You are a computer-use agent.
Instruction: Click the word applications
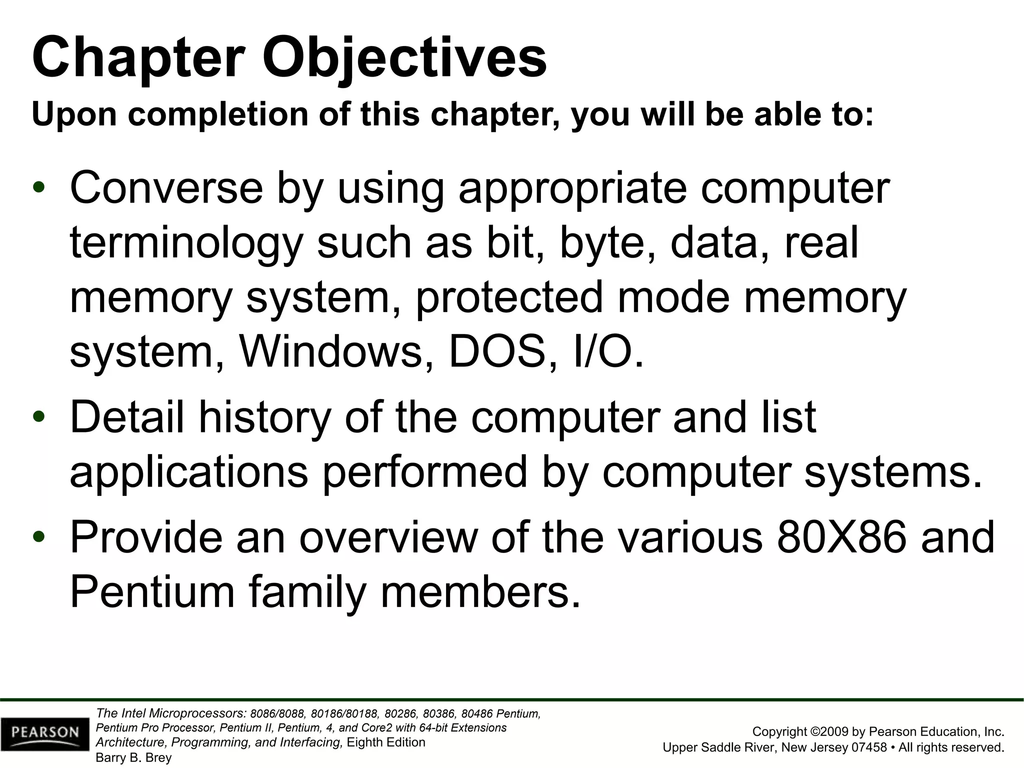click(x=188, y=472)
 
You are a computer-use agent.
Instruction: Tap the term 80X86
click(x=842, y=537)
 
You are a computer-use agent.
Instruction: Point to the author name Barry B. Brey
click(x=133, y=757)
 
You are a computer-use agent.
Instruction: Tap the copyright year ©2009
click(x=828, y=731)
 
